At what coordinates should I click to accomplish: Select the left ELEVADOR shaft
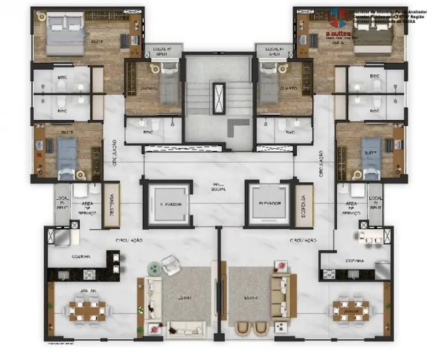click(x=168, y=204)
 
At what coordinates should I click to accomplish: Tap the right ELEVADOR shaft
click(x=268, y=204)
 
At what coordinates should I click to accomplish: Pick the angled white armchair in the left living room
click(x=170, y=262)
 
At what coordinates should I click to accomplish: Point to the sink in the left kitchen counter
click(x=62, y=274)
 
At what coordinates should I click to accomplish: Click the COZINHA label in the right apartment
click(x=354, y=260)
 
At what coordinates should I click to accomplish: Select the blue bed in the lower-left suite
click(x=68, y=155)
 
